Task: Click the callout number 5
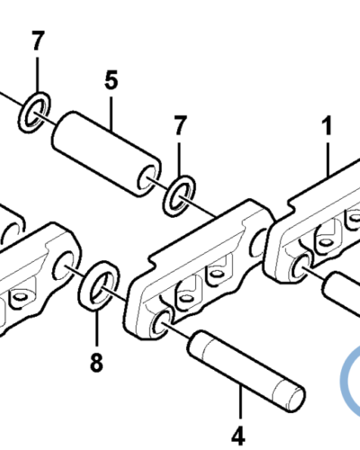click(112, 80)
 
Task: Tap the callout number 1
click(328, 125)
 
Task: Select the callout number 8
click(96, 362)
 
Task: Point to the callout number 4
click(238, 436)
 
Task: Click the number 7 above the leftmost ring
click(37, 40)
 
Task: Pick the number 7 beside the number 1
click(179, 125)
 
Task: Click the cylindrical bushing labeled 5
click(106, 154)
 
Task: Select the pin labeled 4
click(246, 371)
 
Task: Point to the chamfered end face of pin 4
click(295, 398)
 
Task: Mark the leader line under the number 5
click(112, 113)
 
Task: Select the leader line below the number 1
click(328, 159)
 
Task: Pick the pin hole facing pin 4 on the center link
click(161, 322)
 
